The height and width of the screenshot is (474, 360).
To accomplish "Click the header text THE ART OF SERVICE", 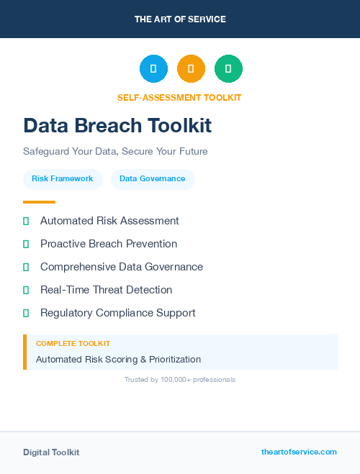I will (180, 19).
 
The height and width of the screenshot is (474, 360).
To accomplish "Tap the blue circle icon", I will (153, 69).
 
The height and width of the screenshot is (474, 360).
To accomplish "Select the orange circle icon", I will (191, 69).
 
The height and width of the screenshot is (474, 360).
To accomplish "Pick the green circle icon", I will (228, 69).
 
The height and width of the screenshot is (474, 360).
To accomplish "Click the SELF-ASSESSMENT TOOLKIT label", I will (179, 98).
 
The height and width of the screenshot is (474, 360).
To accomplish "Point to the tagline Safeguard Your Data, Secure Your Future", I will (115, 152).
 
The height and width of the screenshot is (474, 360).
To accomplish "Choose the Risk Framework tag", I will (63, 178).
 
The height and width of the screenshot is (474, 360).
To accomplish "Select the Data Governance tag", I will (153, 178).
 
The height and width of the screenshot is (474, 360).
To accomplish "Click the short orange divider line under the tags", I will (39, 202).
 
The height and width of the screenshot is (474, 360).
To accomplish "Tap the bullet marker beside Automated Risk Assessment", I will (26, 221).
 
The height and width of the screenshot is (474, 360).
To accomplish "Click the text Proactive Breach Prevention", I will (109, 244).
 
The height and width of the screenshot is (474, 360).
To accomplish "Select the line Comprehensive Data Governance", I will (122, 267).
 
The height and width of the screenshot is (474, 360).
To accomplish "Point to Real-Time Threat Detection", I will (106, 290).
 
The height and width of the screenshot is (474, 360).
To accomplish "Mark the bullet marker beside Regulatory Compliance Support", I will (26, 313).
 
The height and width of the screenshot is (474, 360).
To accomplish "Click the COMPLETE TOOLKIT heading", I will (73, 344).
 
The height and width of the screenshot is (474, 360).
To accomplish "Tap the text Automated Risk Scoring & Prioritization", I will (118, 359).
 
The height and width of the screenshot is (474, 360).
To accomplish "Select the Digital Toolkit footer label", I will (51, 452).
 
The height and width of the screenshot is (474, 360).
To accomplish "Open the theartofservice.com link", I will (299, 452).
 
